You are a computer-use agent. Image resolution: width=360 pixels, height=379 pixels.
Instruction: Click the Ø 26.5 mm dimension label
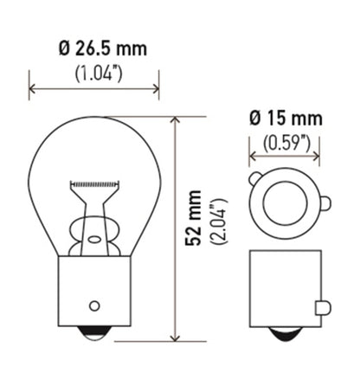coord(94,48)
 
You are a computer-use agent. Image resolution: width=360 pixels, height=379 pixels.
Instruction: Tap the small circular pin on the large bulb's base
coord(93,305)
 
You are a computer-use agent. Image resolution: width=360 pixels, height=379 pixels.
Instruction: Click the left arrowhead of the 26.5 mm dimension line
coord(34,87)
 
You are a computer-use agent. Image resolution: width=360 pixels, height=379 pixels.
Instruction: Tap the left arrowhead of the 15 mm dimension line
coord(254,157)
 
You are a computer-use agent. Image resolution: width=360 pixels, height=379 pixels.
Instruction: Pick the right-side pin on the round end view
coord(325,205)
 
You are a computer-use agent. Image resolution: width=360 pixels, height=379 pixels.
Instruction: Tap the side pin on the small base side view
coord(323,307)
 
